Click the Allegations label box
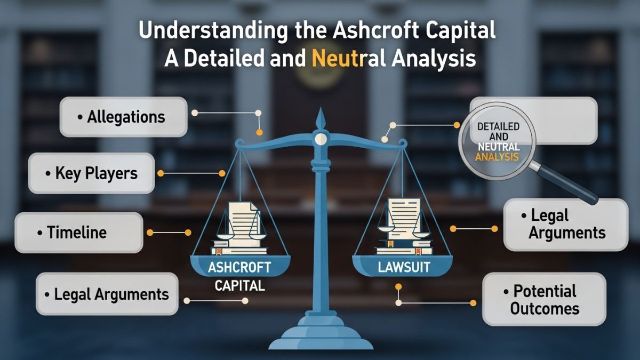(123, 117)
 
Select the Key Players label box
(91, 173)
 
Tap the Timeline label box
(78, 233)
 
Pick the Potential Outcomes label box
(544, 299)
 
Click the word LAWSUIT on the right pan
(404, 267)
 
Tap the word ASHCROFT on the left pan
(239, 267)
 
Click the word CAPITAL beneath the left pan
(239, 286)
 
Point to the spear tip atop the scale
(320, 118)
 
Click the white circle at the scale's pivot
(320, 139)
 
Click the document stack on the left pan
(239, 227)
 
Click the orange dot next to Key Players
(161, 173)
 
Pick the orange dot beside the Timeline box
(150, 233)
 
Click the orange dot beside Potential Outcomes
(473, 302)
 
